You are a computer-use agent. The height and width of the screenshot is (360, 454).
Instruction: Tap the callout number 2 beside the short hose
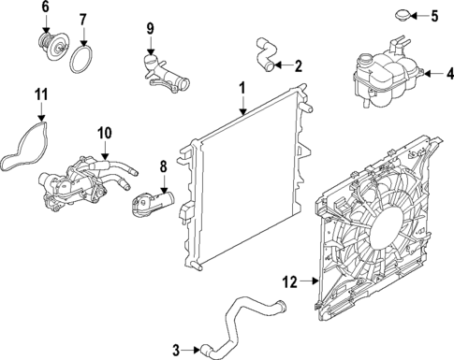[x=298, y=65]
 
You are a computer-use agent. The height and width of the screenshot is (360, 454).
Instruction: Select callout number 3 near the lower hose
[x=175, y=350]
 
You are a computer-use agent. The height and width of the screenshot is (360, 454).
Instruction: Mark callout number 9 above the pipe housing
[x=149, y=28]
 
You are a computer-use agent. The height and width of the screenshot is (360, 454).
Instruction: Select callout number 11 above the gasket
[x=39, y=94]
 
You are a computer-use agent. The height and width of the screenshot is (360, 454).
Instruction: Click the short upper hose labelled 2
[x=265, y=53]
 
